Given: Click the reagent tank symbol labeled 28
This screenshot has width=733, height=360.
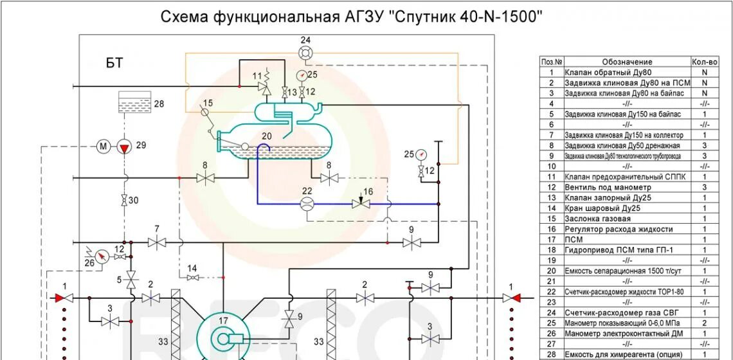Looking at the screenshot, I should pos(135,103).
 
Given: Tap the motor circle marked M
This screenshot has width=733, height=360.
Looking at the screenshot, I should pos(104,147).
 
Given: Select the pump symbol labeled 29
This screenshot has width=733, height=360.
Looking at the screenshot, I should pos(124,147).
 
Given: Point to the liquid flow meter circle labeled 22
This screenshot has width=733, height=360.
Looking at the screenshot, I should pos(307,204).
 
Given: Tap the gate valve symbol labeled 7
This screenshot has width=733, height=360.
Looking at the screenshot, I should pos(156,242).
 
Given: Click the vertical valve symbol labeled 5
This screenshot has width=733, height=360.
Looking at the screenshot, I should pos(131,280).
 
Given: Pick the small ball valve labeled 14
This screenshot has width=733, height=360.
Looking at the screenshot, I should pos(192,277).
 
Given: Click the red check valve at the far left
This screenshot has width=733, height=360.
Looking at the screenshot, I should pos(63,298).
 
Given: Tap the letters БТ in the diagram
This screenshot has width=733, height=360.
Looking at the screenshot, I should pos(114,63).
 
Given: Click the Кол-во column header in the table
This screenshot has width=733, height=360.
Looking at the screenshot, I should pos(705,62).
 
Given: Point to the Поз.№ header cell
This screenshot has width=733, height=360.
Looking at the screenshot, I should pos(551,62).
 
